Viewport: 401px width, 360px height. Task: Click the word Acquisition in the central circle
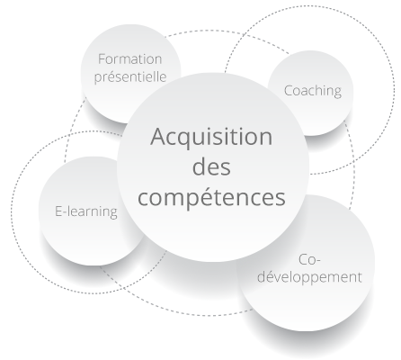tap(211, 138)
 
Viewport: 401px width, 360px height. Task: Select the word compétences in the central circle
tap(211, 197)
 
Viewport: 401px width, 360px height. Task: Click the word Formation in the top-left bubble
tap(129, 58)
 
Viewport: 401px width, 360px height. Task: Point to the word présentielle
tap(130, 76)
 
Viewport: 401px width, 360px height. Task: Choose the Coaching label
tap(313, 91)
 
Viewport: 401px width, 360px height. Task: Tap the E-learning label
tap(86, 211)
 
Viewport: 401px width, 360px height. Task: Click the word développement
tap(309, 276)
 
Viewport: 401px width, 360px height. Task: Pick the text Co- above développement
tap(309, 260)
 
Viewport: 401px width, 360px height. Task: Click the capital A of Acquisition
tap(158, 137)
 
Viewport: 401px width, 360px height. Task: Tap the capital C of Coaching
tap(289, 91)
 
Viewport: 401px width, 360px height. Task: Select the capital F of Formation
tap(102, 59)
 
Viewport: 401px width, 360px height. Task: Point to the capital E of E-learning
tap(58, 211)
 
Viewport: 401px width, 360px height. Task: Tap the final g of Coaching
tap(337, 93)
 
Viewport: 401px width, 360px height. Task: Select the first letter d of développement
tap(262, 277)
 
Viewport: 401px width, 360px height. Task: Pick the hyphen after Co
tap(318, 262)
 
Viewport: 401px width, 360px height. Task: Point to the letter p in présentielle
tap(98, 79)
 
